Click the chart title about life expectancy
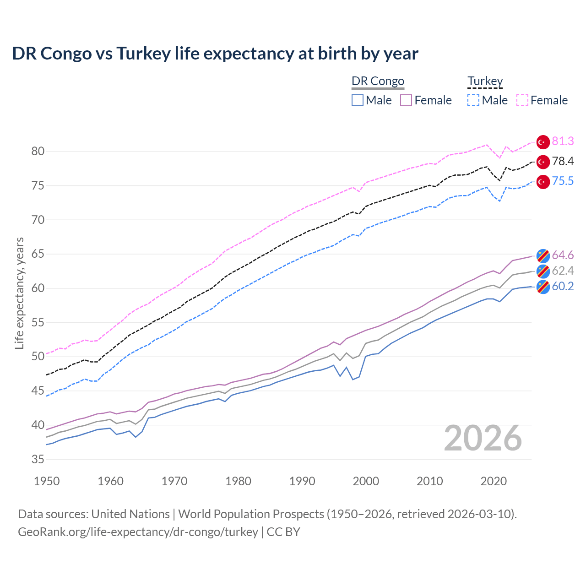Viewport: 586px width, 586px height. (x=215, y=54)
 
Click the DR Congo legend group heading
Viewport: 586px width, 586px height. (x=378, y=81)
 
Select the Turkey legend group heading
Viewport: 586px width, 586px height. (x=485, y=81)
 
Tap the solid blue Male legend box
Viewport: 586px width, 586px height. (x=358, y=100)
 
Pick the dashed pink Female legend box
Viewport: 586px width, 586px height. (x=522, y=100)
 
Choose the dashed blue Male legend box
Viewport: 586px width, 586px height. (x=473, y=100)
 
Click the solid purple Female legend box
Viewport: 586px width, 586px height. (x=406, y=100)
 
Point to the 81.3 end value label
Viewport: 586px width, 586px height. (x=563, y=141)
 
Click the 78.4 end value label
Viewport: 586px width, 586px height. (x=563, y=162)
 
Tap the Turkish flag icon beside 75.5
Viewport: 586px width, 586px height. (x=543, y=182)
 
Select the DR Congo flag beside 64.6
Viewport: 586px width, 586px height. (x=543, y=255)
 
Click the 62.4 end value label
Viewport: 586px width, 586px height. (x=563, y=271)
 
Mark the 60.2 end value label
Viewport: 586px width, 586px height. (x=563, y=287)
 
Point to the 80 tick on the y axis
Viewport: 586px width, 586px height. (x=38, y=152)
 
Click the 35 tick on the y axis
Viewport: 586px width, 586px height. (x=38, y=459)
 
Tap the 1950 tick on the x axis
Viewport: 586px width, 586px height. (x=47, y=481)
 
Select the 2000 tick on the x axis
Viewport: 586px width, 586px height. (x=366, y=481)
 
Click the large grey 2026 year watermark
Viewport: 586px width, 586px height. (x=483, y=438)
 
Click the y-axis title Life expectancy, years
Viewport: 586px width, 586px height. (x=19, y=293)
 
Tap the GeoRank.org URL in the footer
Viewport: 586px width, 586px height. (x=138, y=532)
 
